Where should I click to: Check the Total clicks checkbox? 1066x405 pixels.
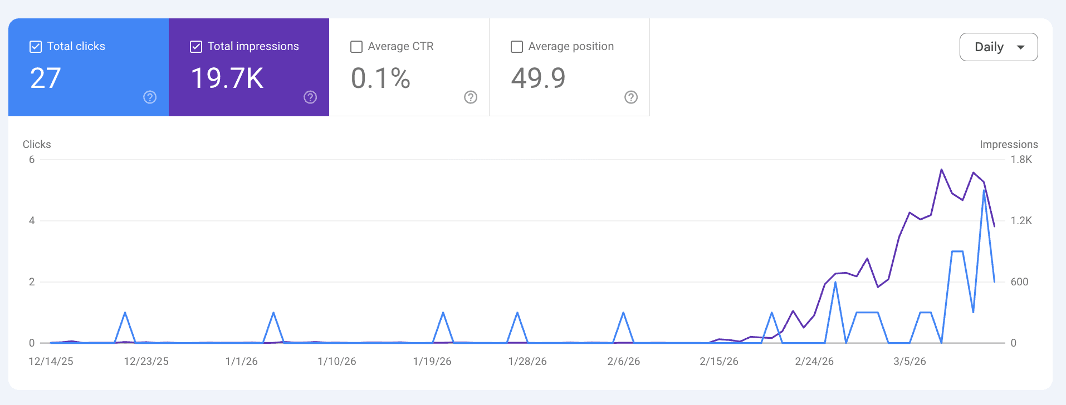[x=36, y=47]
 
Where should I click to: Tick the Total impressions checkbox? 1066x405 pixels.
[x=196, y=47]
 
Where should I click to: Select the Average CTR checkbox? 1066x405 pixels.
[x=356, y=47]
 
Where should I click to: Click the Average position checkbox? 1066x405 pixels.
[x=517, y=47]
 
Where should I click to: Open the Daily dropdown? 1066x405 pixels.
[x=998, y=47]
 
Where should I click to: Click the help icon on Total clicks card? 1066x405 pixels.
[x=150, y=97]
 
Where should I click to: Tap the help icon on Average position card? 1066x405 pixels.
[x=631, y=97]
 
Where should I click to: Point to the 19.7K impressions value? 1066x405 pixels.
[x=227, y=78]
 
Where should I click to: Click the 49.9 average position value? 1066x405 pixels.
[x=538, y=78]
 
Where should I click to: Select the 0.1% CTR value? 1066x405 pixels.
[x=380, y=78]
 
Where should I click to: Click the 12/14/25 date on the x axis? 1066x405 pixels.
[x=51, y=362]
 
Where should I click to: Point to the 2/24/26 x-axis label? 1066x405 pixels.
[x=814, y=362]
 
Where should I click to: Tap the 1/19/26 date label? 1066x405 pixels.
[x=432, y=362]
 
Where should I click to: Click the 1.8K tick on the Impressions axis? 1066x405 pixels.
[x=1021, y=160]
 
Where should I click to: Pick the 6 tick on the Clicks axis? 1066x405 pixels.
[x=32, y=160]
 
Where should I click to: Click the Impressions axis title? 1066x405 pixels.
[x=1009, y=145]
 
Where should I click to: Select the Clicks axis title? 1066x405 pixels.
[x=37, y=145]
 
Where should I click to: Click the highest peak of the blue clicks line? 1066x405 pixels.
[x=984, y=190]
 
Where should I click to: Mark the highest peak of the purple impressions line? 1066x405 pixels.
[x=941, y=170]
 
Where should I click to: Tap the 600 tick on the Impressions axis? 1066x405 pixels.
[x=1019, y=282]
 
